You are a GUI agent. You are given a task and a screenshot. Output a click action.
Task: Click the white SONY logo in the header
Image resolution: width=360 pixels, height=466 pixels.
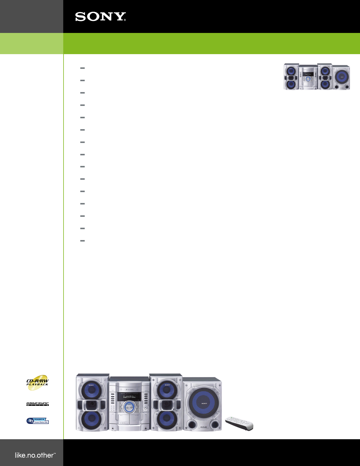[x=101, y=17]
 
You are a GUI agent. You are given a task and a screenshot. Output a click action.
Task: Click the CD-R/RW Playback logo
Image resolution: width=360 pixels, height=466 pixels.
[x=38, y=382]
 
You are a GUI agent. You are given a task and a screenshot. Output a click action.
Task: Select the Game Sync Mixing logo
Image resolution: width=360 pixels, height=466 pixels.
[x=38, y=404]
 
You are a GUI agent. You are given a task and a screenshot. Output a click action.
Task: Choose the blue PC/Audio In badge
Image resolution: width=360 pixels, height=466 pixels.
[x=38, y=421]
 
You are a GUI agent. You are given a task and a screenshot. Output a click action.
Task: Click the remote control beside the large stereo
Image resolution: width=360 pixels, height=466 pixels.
[x=239, y=423]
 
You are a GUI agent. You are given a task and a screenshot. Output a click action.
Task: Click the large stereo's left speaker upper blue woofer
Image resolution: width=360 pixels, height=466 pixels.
[x=91, y=390]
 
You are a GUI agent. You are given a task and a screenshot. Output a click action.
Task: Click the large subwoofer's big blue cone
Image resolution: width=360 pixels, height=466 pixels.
[x=204, y=403]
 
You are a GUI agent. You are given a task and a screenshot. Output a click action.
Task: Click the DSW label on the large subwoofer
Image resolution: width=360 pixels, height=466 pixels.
[x=204, y=427]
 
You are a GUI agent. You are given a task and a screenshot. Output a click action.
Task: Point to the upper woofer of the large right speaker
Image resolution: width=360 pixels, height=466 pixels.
[x=167, y=390]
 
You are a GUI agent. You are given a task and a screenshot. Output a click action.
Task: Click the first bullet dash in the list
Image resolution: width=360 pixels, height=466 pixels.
[x=82, y=68]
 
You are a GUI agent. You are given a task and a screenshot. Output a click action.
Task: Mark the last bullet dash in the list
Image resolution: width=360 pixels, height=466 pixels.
[x=82, y=241]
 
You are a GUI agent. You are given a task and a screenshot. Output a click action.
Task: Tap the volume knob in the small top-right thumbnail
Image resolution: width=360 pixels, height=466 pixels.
[x=308, y=79]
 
